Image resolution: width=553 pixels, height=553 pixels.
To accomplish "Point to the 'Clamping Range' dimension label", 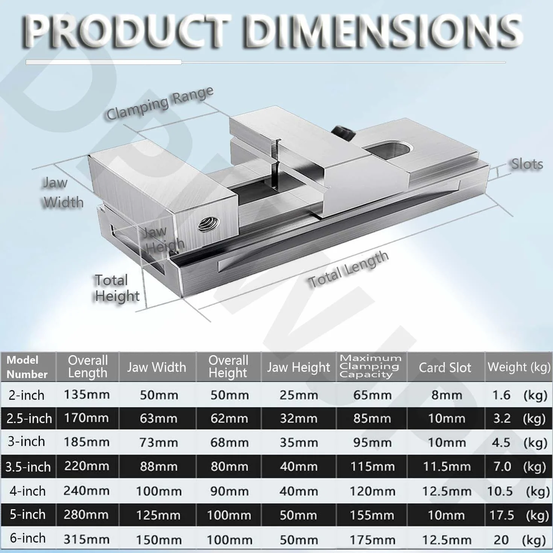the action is pyautogui.click(x=160, y=103).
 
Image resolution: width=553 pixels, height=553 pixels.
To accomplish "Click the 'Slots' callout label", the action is pyautogui.click(x=527, y=164).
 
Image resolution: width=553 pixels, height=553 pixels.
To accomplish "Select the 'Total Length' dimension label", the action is pyautogui.click(x=348, y=269).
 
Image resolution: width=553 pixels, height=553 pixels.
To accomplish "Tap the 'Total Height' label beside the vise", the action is pyautogui.click(x=117, y=288).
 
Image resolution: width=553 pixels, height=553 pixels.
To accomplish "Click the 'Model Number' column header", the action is pyautogui.click(x=27, y=367).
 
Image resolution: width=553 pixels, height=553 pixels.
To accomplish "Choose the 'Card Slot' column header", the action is pyautogui.click(x=445, y=367).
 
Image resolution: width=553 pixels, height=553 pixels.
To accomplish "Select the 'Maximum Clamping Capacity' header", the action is pyautogui.click(x=371, y=366).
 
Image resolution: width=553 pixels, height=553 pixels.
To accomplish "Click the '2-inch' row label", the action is pyautogui.click(x=26, y=395).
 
